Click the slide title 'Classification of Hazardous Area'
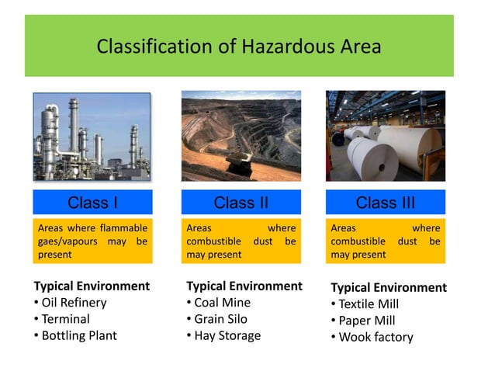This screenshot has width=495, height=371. tap(239, 47)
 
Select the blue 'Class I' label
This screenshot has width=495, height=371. tap(92, 203)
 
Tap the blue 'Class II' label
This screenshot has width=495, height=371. tap(241, 203)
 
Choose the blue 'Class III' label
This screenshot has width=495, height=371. tap(385, 203)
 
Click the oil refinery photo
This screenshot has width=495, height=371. tap(92, 137)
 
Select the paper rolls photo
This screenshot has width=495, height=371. tap(385, 137)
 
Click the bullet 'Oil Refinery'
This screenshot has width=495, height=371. tap(74, 303)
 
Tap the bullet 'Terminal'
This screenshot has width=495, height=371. tap(65, 319)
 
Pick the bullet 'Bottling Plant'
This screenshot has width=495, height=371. tap(78, 336)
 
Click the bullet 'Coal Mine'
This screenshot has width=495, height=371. tap(222, 303)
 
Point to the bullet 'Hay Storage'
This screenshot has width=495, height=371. tap(227, 336)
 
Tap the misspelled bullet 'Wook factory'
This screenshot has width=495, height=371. tap(376, 338)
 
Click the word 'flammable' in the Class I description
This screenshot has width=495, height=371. tap(121, 228)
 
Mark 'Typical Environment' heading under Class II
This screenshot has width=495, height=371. tap(244, 286)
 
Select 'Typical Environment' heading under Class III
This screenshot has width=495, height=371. tap(389, 287)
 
